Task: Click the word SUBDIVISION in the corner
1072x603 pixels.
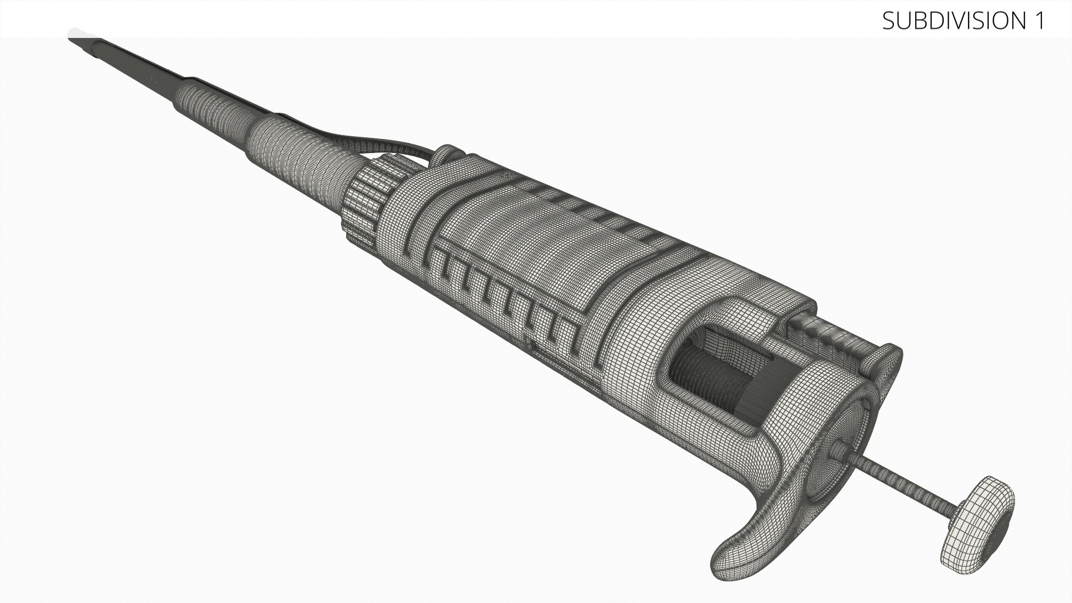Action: coord(953,21)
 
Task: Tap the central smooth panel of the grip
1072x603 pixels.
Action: coord(536,240)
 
